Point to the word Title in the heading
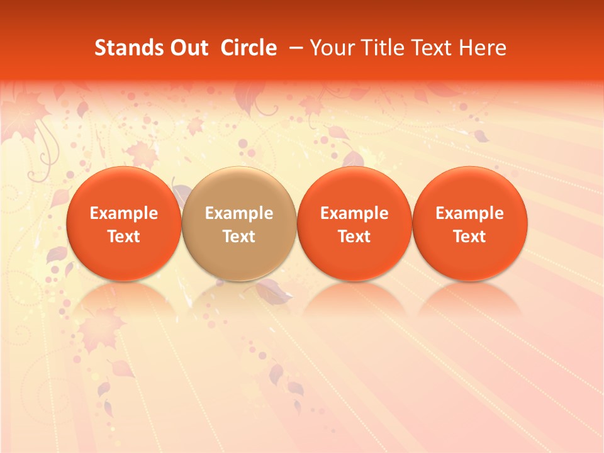pyautogui.click(x=380, y=48)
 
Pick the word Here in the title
pyautogui.click(x=483, y=48)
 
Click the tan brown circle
pyautogui.click(x=239, y=223)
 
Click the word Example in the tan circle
pyautogui.click(x=239, y=213)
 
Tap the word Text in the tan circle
pyautogui.click(x=239, y=237)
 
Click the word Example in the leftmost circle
pyautogui.click(x=124, y=213)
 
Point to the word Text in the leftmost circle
pyautogui.click(x=124, y=237)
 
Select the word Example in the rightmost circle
pyautogui.click(x=470, y=213)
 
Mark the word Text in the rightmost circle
pyautogui.click(x=470, y=237)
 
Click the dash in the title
pyautogui.click(x=294, y=48)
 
